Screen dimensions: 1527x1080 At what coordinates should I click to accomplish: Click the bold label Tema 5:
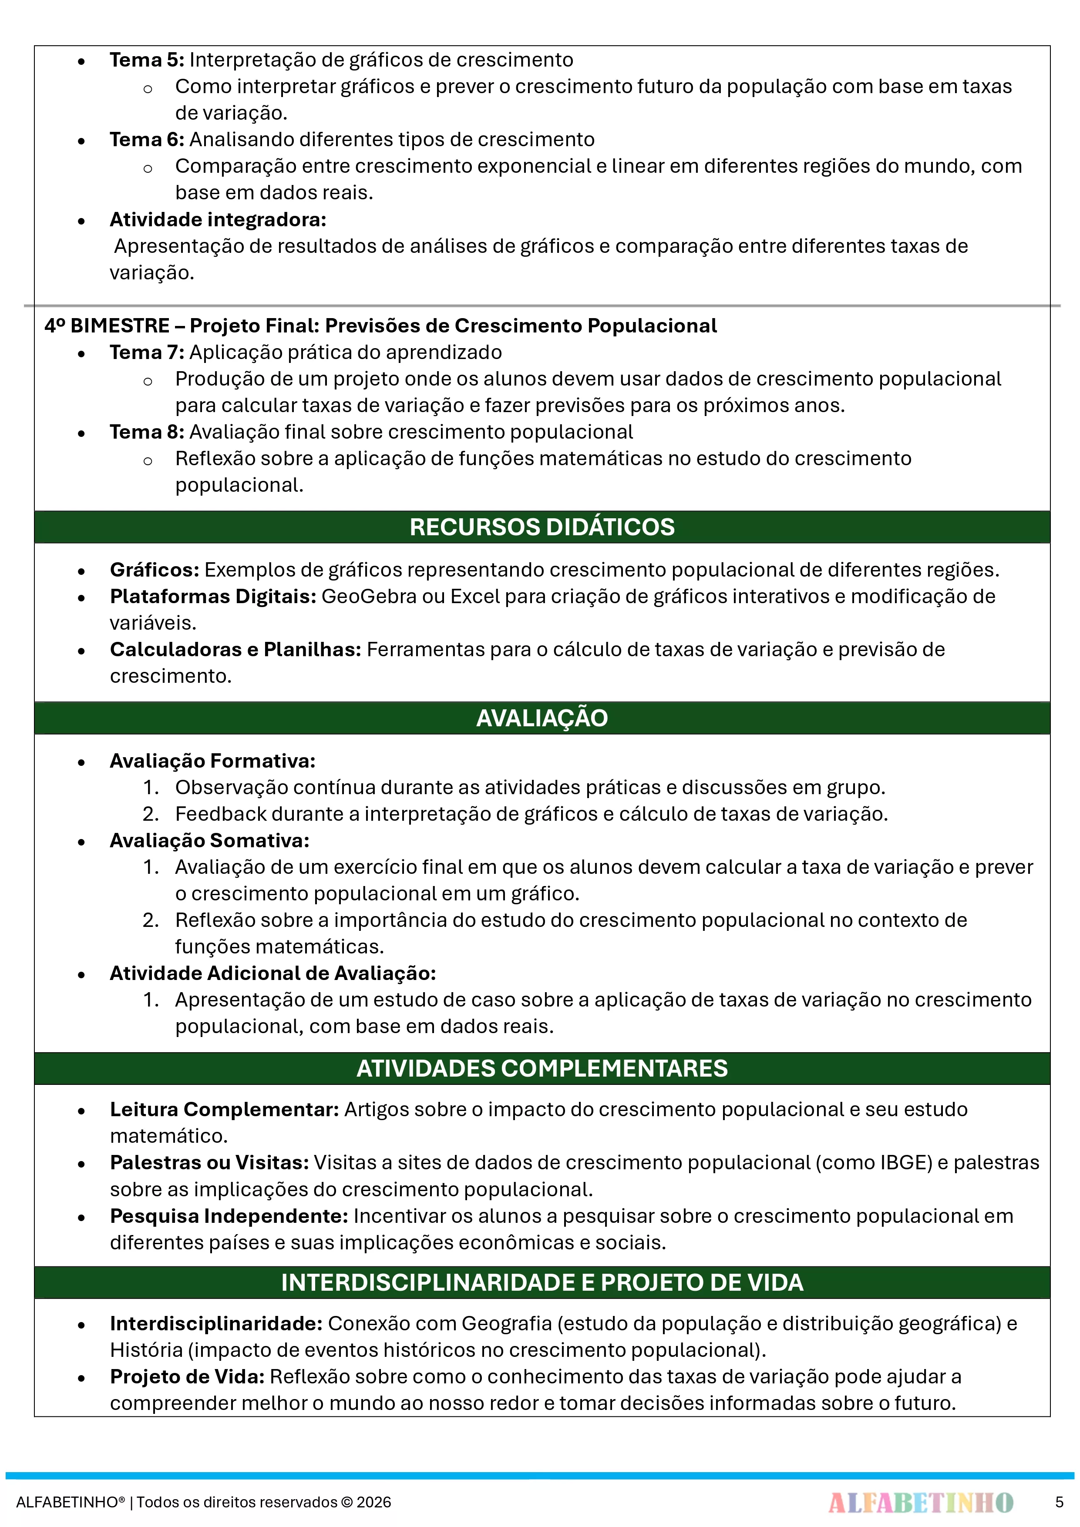(146, 60)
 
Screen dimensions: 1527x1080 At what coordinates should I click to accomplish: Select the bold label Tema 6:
(146, 140)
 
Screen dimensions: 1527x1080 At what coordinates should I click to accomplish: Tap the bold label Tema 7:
(146, 352)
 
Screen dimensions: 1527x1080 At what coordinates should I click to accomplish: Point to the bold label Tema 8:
(146, 432)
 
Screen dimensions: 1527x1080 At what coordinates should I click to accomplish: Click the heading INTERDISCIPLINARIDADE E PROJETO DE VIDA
(542, 1283)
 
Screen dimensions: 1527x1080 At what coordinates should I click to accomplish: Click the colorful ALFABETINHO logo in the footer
(920, 1502)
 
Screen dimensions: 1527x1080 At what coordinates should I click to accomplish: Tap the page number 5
(1059, 1502)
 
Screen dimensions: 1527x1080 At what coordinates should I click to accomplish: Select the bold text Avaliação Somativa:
(209, 841)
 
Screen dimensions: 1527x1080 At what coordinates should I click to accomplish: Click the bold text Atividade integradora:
(218, 219)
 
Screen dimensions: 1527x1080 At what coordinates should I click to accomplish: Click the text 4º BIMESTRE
(107, 326)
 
